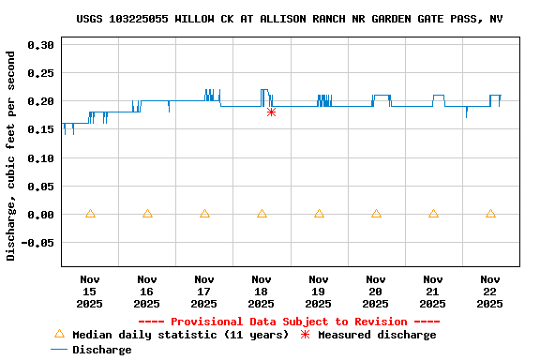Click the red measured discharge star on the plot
[271, 112]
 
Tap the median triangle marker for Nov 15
[90, 214]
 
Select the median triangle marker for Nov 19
[319, 214]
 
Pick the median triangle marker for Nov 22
[490, 214]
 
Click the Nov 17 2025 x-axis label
[204, 292]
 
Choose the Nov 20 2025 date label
[376, 292]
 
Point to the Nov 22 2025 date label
[490, 292]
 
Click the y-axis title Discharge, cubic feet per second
[11, 155]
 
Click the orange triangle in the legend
[59, 335]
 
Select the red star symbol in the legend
[305, 335]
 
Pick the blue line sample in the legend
[59, 350]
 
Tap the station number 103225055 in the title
[139, 19]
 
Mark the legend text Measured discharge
[377, 335]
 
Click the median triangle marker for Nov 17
[204, 214]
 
